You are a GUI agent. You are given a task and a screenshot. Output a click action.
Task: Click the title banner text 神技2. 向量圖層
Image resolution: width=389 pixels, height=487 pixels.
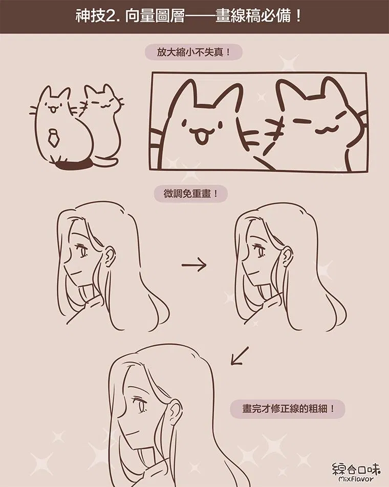tap(130, 16)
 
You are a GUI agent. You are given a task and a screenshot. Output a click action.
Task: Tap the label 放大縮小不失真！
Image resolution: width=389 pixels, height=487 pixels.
tap(193, 52)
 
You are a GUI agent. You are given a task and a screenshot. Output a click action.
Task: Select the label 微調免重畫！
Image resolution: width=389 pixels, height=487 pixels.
tap(191, 194)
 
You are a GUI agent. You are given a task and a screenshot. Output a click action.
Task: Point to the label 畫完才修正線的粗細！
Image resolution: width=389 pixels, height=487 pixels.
tap(288, 409)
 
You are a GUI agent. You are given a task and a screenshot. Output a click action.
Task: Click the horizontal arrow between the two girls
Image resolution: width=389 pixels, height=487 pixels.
tap(194, 265)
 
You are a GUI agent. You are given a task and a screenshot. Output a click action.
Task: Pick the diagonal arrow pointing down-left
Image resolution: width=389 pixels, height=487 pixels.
tap(240, 356)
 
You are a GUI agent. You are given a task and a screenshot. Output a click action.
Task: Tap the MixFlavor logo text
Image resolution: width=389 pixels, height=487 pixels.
tap(356, 472)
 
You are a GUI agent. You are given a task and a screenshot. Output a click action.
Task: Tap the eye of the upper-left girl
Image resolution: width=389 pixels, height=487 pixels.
tap(82, 250)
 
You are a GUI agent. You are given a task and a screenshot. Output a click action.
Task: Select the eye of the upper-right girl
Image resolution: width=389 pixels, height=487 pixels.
tap(259, 251)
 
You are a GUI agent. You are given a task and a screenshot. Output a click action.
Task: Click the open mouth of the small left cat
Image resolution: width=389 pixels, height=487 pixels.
tap(53, 109)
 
